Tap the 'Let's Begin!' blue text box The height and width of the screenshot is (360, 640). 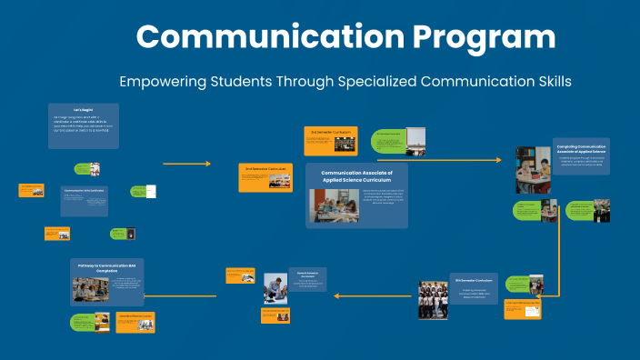[x=83, y=125]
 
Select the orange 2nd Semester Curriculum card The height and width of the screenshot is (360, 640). [x=265, y=176]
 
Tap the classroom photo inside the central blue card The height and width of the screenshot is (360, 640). [x=335, y=205]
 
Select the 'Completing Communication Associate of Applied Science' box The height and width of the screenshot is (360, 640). [x=582, y=155]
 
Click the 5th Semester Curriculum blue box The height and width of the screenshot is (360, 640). [x=475, y=288]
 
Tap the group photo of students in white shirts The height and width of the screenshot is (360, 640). [x=433, y=299]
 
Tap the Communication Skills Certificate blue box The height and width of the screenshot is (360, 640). [x=85, y=201]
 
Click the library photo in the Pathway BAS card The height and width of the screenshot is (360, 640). [x=91, y=290]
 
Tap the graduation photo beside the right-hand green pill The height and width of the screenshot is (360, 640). [x=602, y=211]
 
